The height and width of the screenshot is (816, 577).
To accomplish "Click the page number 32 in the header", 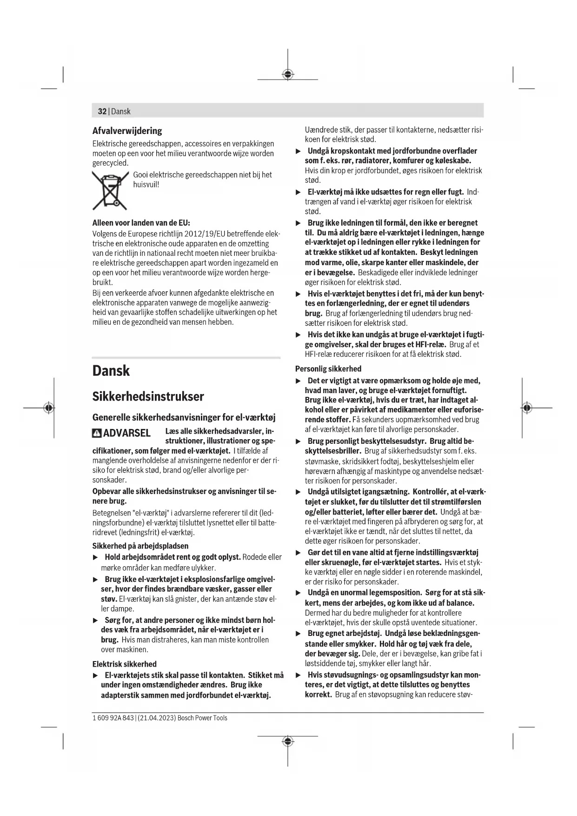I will [102, 111].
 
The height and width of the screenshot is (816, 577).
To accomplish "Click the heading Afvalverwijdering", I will [127, 131].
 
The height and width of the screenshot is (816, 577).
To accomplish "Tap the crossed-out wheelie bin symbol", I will [110, 191].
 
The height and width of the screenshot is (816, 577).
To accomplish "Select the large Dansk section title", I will [111, 371].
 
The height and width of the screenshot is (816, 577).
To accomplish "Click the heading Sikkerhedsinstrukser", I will [148, 397].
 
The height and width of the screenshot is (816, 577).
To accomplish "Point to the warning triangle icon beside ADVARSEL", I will [97, 433].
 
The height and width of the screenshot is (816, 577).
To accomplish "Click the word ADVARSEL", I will [126, 433].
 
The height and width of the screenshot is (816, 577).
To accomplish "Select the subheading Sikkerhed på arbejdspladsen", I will [140, 546].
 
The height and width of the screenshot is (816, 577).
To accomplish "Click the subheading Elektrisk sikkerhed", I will [124, 664].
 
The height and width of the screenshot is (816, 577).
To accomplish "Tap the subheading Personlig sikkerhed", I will [328, 369].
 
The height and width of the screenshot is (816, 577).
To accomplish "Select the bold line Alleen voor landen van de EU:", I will [141, 223].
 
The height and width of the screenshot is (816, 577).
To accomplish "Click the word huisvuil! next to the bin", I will [146, 185].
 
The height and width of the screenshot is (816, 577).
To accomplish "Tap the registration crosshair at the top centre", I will [288, 74].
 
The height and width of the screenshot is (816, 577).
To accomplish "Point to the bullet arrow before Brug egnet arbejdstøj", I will [298, 634].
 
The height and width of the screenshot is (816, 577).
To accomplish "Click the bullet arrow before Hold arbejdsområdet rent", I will [96, 557].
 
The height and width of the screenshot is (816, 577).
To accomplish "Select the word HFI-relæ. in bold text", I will [427, 344].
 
